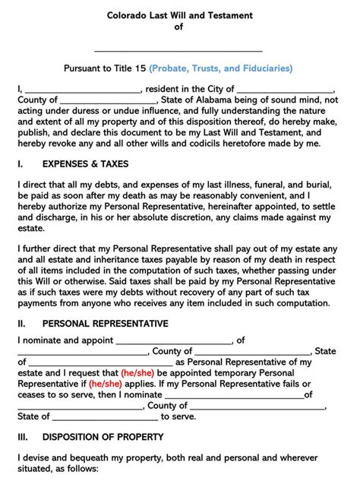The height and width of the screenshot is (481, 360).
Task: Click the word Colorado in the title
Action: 128,15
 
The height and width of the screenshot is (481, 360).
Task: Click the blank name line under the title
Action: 179,49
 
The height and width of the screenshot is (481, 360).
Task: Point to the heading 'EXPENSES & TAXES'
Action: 85,163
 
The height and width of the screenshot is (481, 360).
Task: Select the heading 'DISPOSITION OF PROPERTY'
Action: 103,437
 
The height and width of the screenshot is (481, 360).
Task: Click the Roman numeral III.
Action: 23,437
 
